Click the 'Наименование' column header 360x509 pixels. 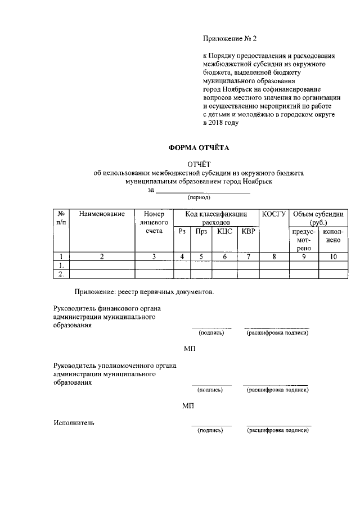[x=102, y=214]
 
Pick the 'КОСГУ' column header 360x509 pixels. [x=274, y=214]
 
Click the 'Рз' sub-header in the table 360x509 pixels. [x=182, y=231]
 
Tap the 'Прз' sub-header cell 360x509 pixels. [x=201, y=231]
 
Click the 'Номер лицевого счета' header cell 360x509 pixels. [x=154, y=223]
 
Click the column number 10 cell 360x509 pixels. [x=333, y=256]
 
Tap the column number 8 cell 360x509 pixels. [x=274, y=256]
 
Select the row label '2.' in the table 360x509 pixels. [x=60, y=274]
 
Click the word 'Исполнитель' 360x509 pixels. [x=74, y=422]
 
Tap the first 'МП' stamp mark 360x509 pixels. [x=188, y=349]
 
